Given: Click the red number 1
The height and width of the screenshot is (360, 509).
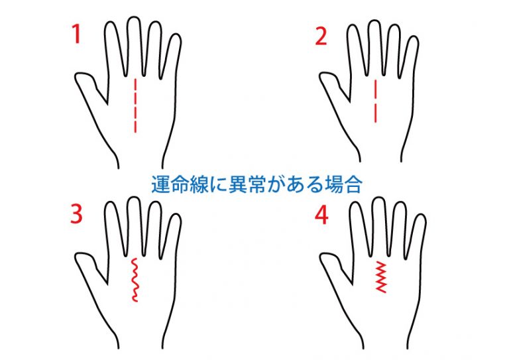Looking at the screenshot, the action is click(x=77, y=34).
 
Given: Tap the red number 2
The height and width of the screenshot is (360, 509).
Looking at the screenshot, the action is click(x=321, y=36).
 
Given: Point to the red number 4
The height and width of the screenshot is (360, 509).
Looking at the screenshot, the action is click(x=321, y=215).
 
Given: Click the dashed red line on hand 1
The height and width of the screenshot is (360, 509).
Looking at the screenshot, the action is click(x=135, y=106).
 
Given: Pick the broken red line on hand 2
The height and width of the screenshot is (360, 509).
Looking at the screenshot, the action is click(x=376, y=101).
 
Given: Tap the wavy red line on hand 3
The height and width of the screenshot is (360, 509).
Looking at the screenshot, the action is click(x=135, y=280).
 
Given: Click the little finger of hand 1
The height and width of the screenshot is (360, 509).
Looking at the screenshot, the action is click(x=171, y=56).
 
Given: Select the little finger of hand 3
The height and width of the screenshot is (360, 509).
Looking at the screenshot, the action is click(x=171, y=236).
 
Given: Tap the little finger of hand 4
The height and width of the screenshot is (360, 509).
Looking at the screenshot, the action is click(x=416, y=237).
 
